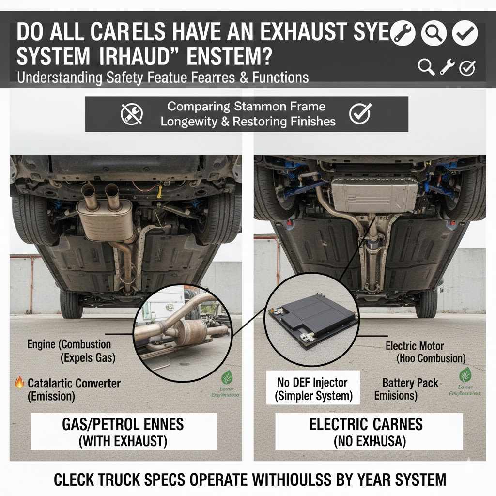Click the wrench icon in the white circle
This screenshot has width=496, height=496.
tap(403, 33)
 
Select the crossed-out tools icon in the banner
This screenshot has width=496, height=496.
tap(131, 114)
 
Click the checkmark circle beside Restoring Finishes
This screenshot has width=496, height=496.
tap(360, 114)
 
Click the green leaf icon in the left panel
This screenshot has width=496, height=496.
tap(227, 377)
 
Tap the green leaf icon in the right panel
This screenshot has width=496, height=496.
tap(465, 374)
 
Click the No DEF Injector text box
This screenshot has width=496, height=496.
tap(313, 388)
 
